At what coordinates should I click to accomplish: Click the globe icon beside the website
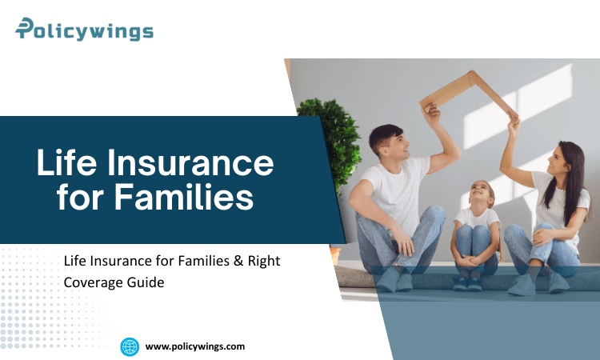pyautogui.click(x=130, y=346)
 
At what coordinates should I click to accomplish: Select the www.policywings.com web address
pyautogui.click(x=194, y=346)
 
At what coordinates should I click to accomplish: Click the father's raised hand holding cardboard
pyautogui.click(x=432, y=111)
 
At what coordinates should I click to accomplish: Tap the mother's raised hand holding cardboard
pyautogui.click(x=513, y=122)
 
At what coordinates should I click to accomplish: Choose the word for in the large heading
pyautogui.click(x=86, y=197)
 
